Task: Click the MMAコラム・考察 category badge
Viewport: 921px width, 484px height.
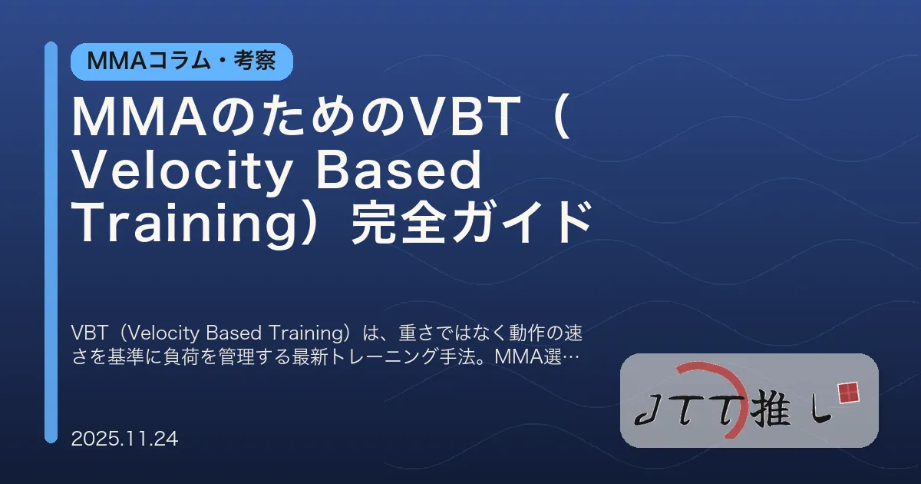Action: click(x=181, y=61)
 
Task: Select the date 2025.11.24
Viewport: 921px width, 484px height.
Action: click(x=124, y=439)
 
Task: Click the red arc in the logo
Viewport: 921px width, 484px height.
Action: click(x=729, y=384)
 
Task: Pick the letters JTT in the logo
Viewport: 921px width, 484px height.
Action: click(x=687, y=413)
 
